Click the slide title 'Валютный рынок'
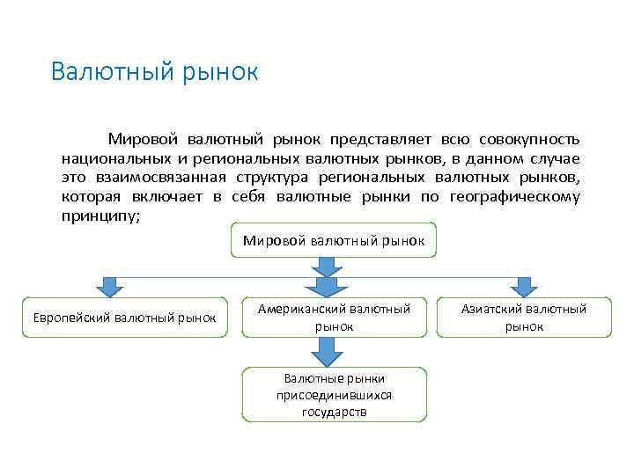click(154, 71)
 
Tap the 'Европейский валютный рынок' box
click(124, 317)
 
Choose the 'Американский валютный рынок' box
click(334, 318)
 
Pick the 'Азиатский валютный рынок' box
click(524, 318)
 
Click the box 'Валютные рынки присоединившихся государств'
click(334, 395)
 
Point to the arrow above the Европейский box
click(110, 287)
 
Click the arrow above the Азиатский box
click(524, 287)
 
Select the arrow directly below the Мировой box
click(327, 266)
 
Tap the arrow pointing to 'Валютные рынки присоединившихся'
click(327, 352)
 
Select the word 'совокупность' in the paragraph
click(530, 140)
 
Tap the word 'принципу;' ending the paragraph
click(100, 216)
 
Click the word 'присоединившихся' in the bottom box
click(334, 395)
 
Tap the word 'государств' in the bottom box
click(334, 411)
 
